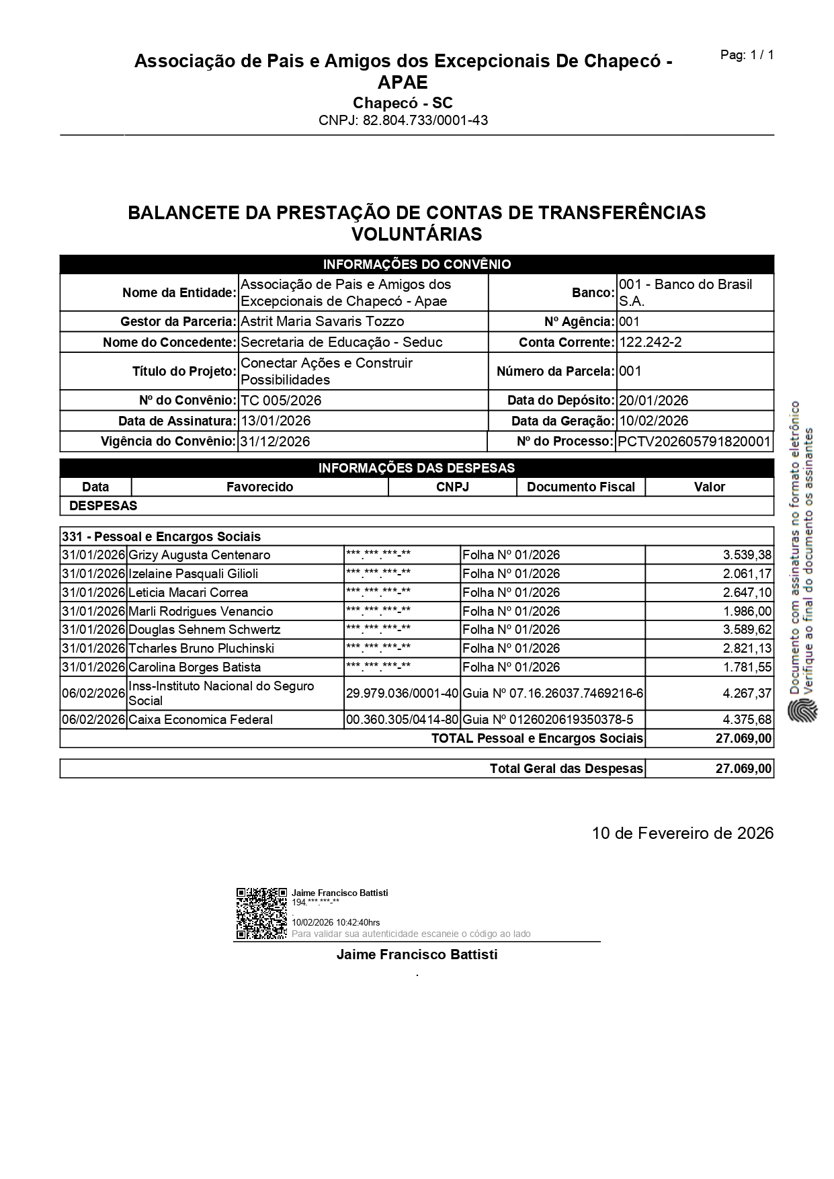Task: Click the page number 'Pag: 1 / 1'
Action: click(747, 55)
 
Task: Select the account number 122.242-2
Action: click(650, 342)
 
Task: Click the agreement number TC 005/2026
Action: click(281, 401)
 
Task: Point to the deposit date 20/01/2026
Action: click(653, 401)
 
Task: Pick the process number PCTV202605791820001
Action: click(694, 442)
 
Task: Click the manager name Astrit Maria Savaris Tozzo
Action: click(322, 321)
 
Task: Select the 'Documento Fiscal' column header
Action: click(581, 487)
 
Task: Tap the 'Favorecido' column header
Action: click(259, 487)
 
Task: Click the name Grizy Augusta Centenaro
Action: click(199, 555)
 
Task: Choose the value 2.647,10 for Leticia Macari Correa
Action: click(747, 593)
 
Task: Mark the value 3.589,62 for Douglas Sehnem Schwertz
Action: click(747, 630)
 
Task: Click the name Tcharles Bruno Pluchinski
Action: click(201, 649)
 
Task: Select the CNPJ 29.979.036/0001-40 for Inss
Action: click(401, 693)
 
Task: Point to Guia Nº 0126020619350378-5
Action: click(548, 720)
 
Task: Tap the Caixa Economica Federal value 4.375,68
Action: click(747, 720)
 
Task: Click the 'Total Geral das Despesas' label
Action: click(566, 768)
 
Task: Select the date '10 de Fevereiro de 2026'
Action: click(682, 834)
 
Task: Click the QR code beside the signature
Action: click(261, 913)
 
